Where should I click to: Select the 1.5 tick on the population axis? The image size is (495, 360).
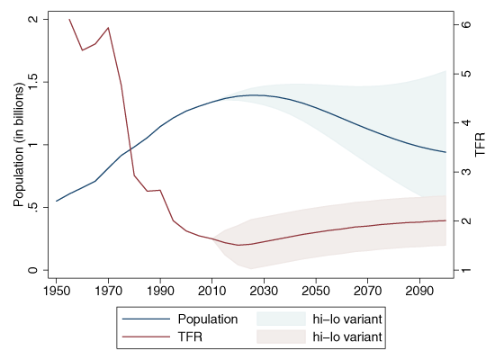(34, 82)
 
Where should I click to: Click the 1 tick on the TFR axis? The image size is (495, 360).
(465, 271)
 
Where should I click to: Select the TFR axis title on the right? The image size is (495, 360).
(481, 145)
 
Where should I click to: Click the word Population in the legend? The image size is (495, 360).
(208, 319)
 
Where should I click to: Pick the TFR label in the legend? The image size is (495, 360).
(191, 337)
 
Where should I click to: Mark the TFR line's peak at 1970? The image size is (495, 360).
(108, 28)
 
